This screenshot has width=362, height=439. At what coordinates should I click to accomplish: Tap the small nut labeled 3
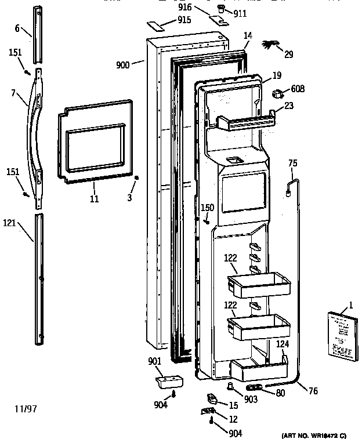click(x=136, y=179)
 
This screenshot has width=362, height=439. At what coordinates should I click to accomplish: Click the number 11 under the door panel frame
click(x=94, y=199)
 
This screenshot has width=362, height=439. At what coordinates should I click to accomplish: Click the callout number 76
click(x=313, y=391)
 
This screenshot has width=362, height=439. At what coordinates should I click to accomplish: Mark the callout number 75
click(x=293, y=163)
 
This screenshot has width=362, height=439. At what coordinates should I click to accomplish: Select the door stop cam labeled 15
click(x=211, y=399)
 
